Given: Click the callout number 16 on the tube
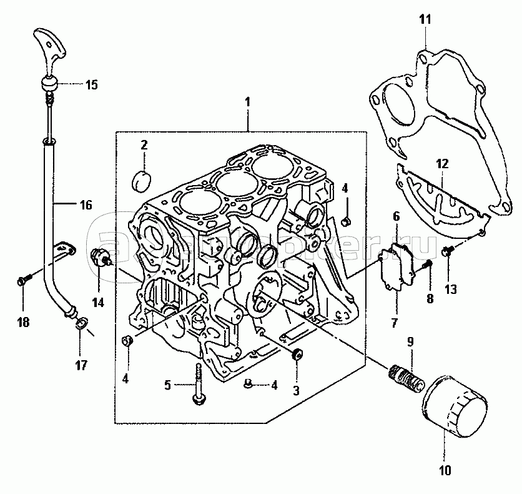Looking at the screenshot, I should (x=85, y=204).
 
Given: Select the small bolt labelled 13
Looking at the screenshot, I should (x=447, y=251).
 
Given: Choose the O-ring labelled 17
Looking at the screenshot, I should (x=81, y=323).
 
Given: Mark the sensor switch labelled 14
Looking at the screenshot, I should (x=100, y=257).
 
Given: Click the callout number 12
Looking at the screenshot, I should (x=442, y=164).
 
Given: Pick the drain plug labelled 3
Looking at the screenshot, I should (x=297, y=355).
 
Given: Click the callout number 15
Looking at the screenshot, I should (x=91, y=85).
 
